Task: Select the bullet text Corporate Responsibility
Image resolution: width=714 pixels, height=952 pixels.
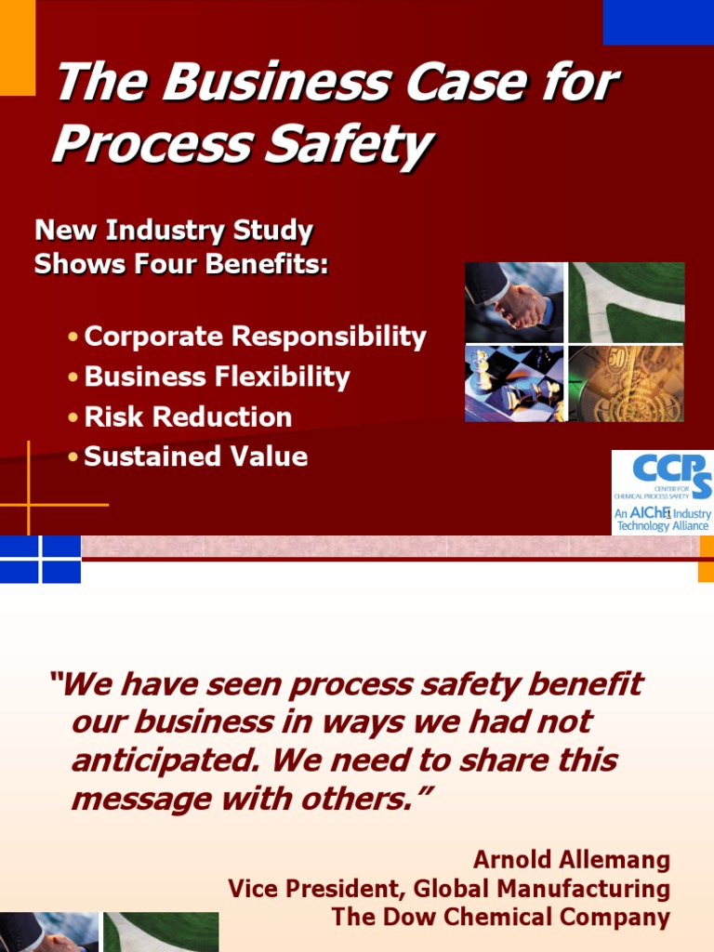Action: click(x=255, y=337)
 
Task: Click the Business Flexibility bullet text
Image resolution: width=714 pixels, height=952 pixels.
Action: click(x=217, y=377)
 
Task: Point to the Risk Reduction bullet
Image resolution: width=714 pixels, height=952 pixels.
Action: click(x=188, y=416)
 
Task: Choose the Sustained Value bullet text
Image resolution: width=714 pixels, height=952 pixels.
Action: click(x=195, y=456)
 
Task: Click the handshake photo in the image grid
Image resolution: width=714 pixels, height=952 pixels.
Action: click(x=514, y=302)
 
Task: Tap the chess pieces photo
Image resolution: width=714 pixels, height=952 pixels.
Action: click(x=514, y=384)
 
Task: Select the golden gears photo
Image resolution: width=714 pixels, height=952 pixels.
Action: click(x=627, y=384)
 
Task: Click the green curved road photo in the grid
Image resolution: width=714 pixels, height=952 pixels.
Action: click(x=627, y=302)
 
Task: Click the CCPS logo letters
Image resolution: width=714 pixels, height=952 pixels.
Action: click(x=671, y=469)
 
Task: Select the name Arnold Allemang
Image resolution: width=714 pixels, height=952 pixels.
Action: click(x=572, y=859)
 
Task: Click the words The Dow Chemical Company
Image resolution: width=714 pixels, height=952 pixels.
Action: click(x=500, y=918)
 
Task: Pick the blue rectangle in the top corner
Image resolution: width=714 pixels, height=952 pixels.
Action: click(x=657, y=21)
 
